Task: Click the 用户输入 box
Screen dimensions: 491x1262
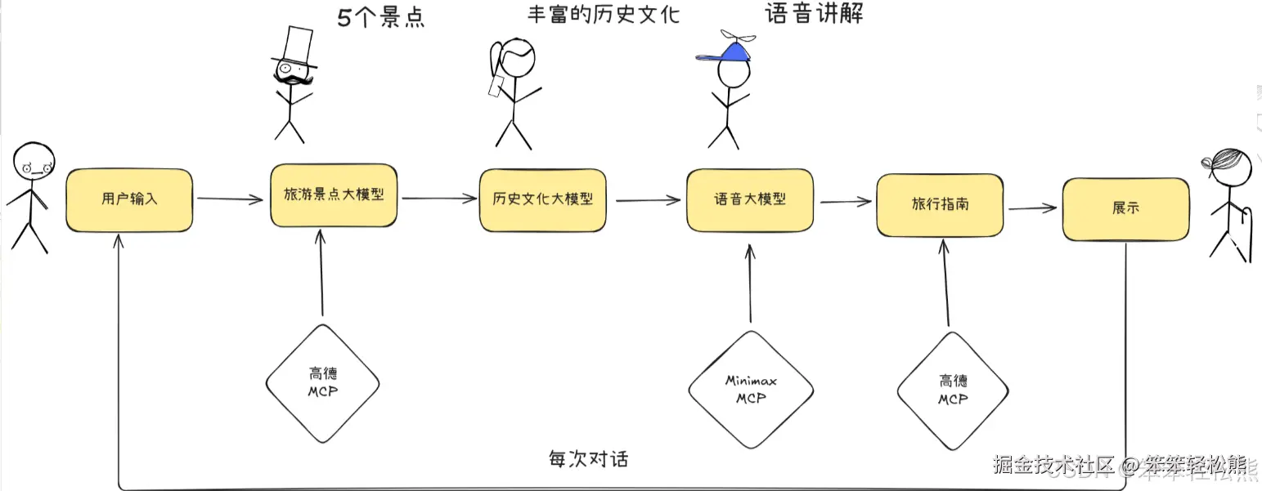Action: click(x=129, y=199)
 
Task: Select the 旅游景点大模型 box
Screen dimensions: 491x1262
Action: click(x=334, y=196)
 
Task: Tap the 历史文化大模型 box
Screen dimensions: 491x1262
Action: click(x=542, y=199)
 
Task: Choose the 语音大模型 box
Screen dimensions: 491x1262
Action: click(x=750, y=199)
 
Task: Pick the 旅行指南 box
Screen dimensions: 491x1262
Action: click(x=940, y=204)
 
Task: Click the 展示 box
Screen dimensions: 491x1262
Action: click(x=1125, y=209)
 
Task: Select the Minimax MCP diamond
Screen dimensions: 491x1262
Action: click(x=751, y=390)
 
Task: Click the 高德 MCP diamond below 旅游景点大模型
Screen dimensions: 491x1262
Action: click(x=323, y=382)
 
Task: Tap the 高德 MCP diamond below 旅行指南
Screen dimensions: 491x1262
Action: click(x=953, y=390)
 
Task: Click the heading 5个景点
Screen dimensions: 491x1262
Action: click(x=381, y=18)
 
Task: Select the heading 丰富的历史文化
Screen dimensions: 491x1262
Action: click(x=604, y=14)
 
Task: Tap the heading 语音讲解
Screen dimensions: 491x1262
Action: click(x=814, y=14)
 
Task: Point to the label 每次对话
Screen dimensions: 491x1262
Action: click(x=588, y=458)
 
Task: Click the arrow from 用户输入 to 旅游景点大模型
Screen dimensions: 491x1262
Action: click(x=231, y=199)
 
